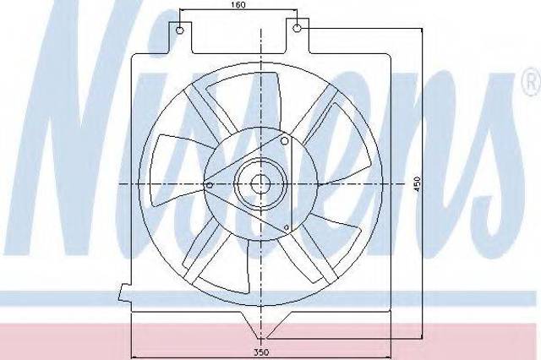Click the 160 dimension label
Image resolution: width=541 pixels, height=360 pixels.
click(x=238, y=4)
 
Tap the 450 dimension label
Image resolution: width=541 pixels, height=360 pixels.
click(x=418, y=184)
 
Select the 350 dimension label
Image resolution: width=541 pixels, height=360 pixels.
click(x=261, y=352)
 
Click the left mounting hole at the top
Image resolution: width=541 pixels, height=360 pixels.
click(x=180, y=30)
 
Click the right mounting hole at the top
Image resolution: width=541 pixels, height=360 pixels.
click(x=298, y=28)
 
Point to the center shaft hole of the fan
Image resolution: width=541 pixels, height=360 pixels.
click(x=260, y=183)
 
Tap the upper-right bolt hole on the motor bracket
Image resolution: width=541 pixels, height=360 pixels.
click(x=285, y=140)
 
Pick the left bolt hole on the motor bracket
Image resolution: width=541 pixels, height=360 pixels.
click(x=209, y=185)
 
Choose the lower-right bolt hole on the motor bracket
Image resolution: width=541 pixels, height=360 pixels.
click(x=287, y=227)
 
